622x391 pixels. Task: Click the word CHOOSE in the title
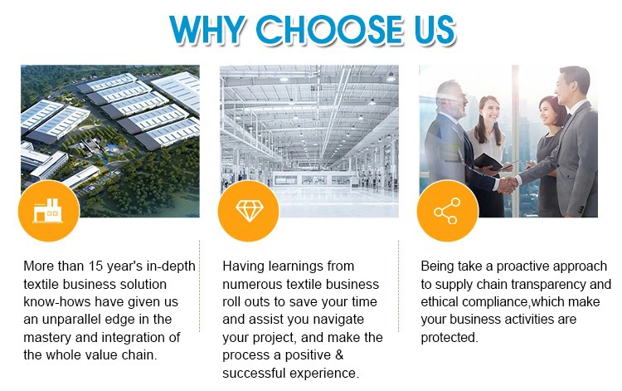[x=329, y=30]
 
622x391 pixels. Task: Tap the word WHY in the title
[x=207, y=30]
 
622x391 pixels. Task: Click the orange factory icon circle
[x=49, y=210]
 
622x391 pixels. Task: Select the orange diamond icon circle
[x=249, y=210]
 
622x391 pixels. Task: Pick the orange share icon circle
[x=448, y=210]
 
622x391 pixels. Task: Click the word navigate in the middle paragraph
[x=338, y=320]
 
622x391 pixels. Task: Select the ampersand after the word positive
[x=338, y=354]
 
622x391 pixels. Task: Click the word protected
[x=449, y=337]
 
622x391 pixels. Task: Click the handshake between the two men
[x=507, y=184]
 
